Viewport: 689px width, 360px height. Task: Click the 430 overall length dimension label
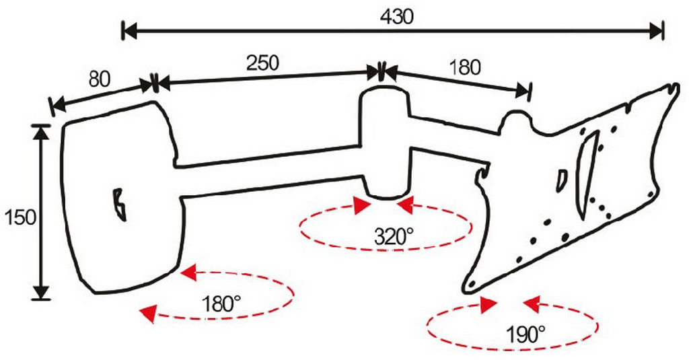pos(397,17)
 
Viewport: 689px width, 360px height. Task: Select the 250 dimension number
pos(262,63)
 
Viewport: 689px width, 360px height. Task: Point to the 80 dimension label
pos(100,79)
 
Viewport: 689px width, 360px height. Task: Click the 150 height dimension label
pos(20,217)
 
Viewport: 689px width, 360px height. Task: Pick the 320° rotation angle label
pos(394,237)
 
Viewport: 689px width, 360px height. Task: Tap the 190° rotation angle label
pos(525,335)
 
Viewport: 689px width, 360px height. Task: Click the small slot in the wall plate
pos(118,205)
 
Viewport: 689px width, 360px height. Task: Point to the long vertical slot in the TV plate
pos(587,174)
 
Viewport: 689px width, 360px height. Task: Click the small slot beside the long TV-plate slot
pos(562,180)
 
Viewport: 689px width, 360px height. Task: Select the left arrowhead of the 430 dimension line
pos(129,31)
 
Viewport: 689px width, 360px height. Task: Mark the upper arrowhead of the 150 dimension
pos(41,133)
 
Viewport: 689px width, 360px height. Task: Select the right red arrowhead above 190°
pos(532,304)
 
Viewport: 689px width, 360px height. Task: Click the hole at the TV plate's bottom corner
pos(472,285)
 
